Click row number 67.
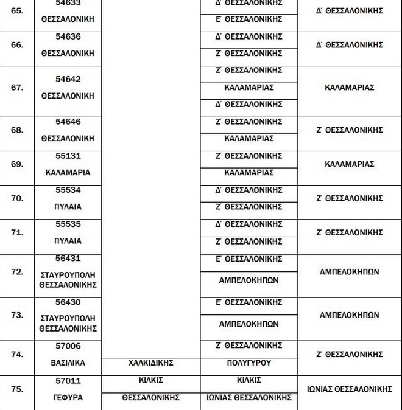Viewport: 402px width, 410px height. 17,88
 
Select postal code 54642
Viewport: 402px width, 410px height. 68,79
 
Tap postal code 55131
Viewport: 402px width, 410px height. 68,156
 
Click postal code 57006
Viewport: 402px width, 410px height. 68,346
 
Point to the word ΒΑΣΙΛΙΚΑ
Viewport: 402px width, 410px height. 68,363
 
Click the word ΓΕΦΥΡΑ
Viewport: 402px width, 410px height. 68,398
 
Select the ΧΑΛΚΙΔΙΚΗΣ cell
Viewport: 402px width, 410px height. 150,363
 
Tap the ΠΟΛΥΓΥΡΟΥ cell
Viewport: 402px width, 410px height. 249,363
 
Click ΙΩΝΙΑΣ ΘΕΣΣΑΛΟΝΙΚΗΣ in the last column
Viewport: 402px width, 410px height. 349,389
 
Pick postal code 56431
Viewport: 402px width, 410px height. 68,259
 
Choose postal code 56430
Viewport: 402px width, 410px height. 68,302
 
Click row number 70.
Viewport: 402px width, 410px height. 17,198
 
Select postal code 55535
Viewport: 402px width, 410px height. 68,224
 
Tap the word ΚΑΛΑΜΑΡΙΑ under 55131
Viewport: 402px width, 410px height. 68,173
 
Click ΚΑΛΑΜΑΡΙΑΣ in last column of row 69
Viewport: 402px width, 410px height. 349,164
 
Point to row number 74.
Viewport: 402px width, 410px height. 17,354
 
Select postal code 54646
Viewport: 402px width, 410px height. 68,122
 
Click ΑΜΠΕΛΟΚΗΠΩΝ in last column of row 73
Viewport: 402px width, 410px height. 349,315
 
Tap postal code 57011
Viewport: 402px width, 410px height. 68,381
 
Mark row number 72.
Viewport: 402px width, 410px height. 17,272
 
